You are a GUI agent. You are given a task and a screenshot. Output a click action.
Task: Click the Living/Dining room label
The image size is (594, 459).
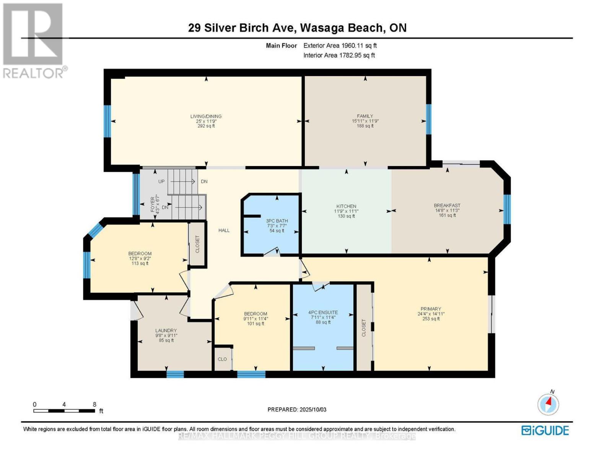point(206,116)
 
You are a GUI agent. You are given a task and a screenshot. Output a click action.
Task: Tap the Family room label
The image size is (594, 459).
point(365,116)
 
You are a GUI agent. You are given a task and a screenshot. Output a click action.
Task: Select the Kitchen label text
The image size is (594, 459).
point(346,206)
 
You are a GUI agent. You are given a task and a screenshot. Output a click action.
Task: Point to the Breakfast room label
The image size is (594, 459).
point(447,205)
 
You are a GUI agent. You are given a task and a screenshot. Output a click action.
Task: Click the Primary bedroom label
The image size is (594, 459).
point(431,309)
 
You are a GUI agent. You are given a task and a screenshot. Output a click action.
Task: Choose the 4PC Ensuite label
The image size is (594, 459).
point(323,312)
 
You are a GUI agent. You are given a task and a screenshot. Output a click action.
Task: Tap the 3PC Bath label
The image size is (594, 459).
point(277,221)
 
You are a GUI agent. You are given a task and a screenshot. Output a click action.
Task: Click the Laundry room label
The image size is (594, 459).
point(166,330)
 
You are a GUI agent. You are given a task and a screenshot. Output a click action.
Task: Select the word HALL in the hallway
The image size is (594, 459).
point(224,230)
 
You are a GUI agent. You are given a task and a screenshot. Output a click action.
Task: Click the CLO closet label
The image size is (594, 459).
point(222,359)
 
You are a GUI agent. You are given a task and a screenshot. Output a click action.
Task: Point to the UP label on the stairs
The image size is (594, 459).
point(161,181)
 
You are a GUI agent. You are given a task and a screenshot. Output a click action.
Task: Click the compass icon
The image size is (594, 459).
point(548,404)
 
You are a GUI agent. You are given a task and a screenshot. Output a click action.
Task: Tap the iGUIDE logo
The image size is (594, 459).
point(545,430)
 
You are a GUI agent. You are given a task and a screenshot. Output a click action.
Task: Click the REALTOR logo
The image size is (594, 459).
point(34,40)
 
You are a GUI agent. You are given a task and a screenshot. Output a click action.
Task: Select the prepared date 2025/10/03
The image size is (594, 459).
point(297,410)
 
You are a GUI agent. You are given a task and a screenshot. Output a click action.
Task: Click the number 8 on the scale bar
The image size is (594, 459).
point(94,404)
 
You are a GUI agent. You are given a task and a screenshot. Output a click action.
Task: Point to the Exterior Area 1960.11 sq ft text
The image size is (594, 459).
point(340,46)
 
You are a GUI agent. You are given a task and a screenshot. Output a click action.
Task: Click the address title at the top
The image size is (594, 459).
point(297,28)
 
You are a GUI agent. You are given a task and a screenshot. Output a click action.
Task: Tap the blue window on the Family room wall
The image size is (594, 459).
point(428,119)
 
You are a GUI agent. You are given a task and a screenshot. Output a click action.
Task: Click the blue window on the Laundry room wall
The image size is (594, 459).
point(175,374)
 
